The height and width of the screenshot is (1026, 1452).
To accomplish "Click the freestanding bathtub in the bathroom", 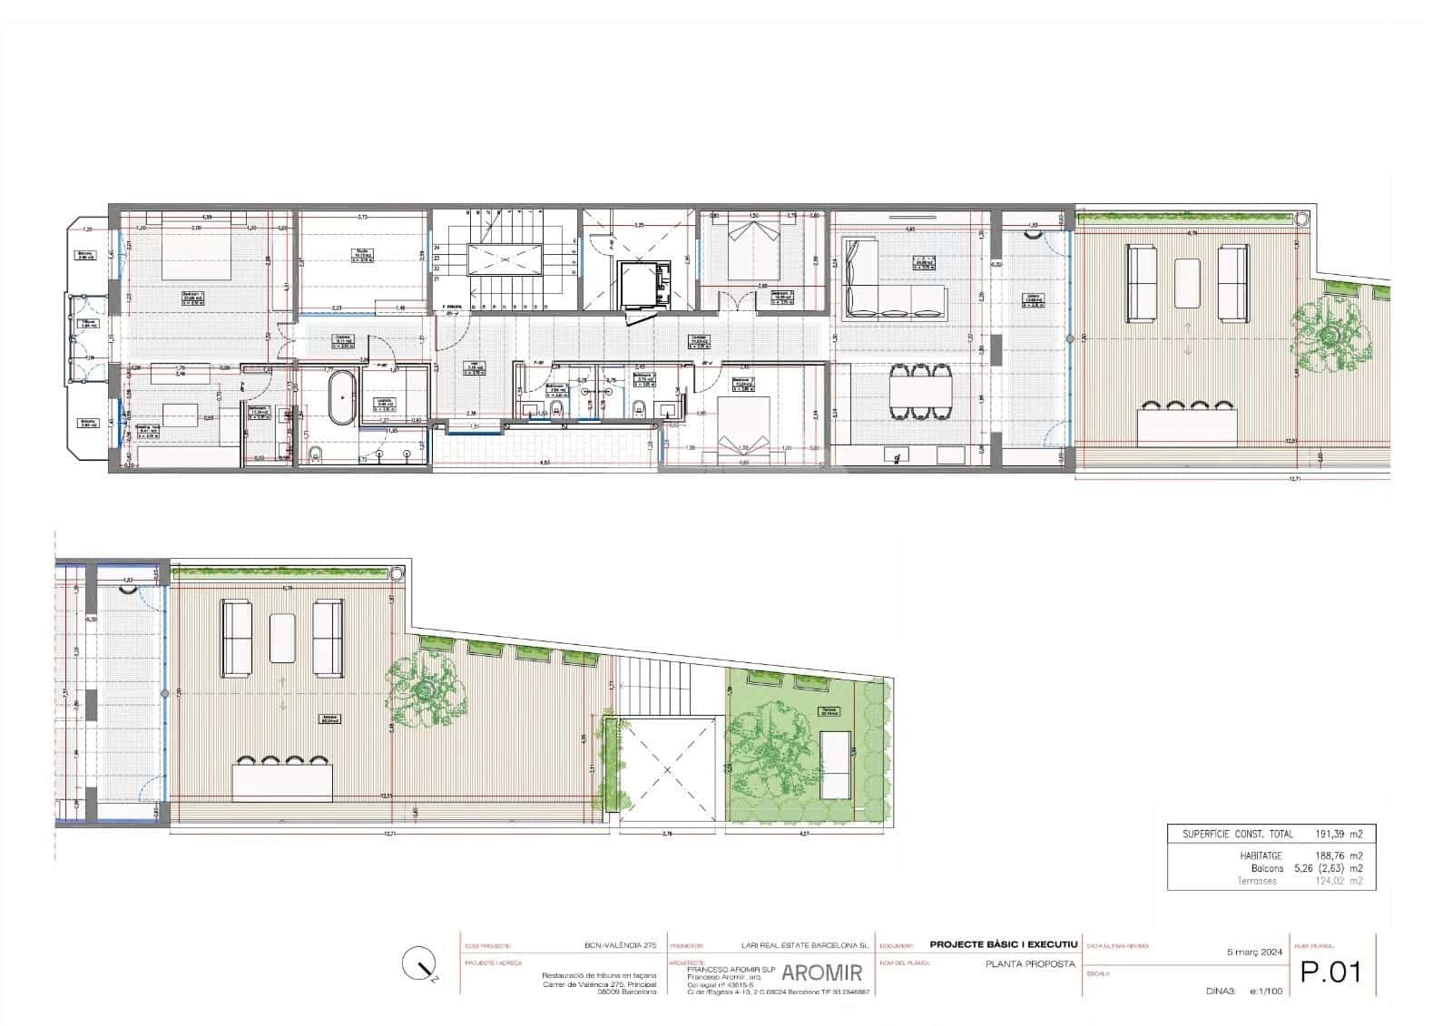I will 341,397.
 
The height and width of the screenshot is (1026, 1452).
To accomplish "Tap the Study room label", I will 361,253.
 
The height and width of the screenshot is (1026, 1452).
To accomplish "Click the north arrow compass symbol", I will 420,964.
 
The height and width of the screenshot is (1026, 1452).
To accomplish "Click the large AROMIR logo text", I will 822,974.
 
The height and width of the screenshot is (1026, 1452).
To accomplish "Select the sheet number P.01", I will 1331,972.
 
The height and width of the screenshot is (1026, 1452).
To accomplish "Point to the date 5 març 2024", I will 1255,953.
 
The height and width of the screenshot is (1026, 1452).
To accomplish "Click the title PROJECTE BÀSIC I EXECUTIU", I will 1004,944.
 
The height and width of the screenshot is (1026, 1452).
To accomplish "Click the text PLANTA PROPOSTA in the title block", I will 1029,963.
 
